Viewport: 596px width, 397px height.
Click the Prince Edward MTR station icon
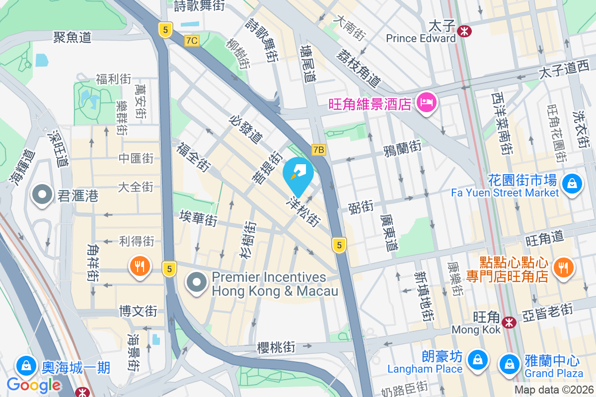pyautogui.click(x=465, y=31)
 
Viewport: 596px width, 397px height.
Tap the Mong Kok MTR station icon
pyautogui.click(x=508, y=323)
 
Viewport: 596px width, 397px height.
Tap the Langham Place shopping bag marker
pyautogui.click(x=477, y=358)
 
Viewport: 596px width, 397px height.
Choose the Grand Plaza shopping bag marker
pyautogui.click(x=510, y=363)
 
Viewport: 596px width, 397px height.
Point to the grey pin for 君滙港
pyautogui.click(x=42, y=195)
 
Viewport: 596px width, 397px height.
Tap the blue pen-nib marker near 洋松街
pyautogui.click(x=298, y=174)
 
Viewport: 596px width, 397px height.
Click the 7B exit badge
pyautogui.click(x=318, y=149)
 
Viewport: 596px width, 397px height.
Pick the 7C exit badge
pyautogui.click(x=191, y=41)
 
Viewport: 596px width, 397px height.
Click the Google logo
pyautogui.click(x=33, y=385)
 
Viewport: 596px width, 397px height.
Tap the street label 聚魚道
pyautogui.click(x=73, y=37)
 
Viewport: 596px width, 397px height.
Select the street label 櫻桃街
pyautogui.click(x=276, y=347)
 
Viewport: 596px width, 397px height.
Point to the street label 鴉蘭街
pyautogui.click(x=402, y=147)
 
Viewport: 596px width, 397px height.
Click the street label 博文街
pyautogui.click(x=138, y=312)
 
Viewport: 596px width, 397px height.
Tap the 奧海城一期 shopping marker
pyautogui.click(x=25, y=366)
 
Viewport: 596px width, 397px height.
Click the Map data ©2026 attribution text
pyautogui.click(x=553, y=390)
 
